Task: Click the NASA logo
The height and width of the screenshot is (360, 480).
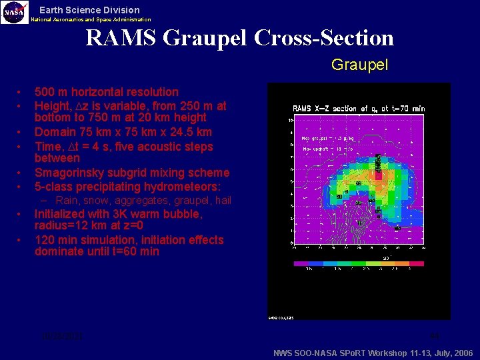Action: [x=15, y=12]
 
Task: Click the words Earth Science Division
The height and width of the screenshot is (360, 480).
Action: [x=89, y=10]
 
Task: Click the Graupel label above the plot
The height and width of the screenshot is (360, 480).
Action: [x=359, y=65]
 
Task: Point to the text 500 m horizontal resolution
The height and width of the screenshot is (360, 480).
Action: [x=107, y=92]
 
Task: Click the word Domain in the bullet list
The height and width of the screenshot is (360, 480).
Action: [x=55, y=132]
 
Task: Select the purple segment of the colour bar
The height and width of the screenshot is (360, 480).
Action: [x=301, y=263]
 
